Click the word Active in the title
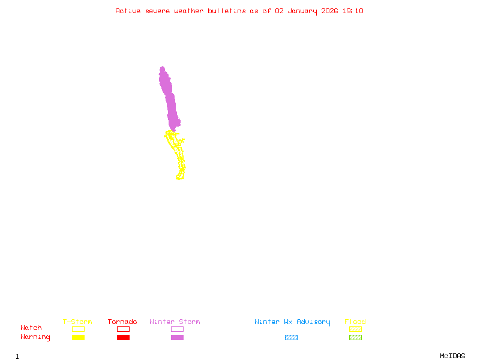[128, 11]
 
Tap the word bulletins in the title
[227, 11]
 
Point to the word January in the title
[301, 11]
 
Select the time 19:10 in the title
[353, 11]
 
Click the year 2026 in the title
[330, 11]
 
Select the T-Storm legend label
[77, 322]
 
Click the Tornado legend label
[122, 322]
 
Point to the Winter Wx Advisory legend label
[292, 322]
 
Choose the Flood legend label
[355, 322]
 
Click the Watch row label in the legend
[31, 328]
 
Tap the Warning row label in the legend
[35, 337]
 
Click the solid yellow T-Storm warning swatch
[78, 337]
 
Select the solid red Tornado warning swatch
[123, 337]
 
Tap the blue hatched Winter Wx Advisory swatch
[291, 337]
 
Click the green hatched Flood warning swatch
[355, 337]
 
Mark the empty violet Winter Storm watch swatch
[177, 329]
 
